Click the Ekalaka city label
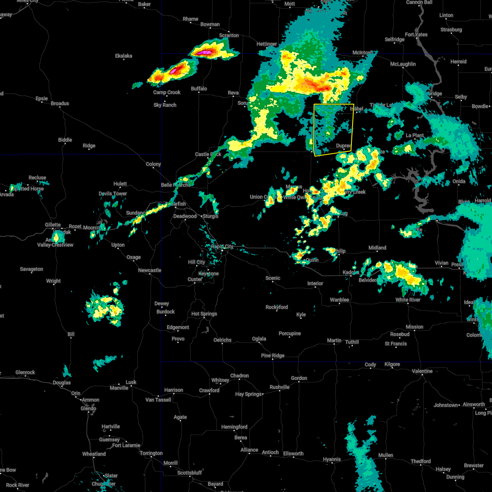point(123,56)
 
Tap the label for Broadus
point(60,103)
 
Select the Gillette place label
point(53,225)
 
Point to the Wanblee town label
point(339,300)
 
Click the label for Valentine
point(422,371)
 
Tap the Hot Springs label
point(204,314)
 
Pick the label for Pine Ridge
point(273,355)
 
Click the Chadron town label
point(239,376)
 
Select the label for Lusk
point(131,382)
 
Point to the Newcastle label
point(150,270)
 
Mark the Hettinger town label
point(267,44)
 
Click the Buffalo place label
point(199,89)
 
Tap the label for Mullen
point(385,455)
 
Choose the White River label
point(408,300)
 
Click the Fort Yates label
point(416,34)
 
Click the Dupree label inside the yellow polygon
point(344,146)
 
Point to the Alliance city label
point(249,450)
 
